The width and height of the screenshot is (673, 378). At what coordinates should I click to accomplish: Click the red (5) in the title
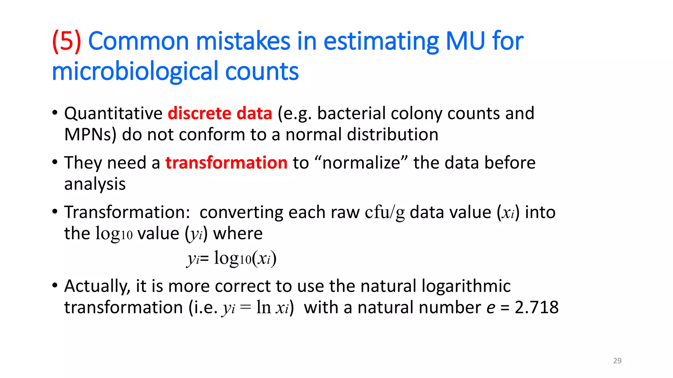(67, 41)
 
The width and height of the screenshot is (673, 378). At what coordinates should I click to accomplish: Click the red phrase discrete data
(220, 114)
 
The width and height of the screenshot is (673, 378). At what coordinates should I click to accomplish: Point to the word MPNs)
(90, 135)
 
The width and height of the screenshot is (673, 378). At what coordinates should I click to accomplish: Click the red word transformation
(226, 163)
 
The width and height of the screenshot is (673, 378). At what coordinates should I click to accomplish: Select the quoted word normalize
(361, 163)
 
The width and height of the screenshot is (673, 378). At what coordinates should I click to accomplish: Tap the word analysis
(95, 184)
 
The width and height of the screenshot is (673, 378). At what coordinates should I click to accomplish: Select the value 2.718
(536, 308)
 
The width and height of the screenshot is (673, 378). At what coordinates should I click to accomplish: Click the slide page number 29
(617, 361)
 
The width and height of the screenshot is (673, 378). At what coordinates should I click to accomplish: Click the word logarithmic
(466, 286)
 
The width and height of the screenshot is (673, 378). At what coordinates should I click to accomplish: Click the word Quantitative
(113, 114)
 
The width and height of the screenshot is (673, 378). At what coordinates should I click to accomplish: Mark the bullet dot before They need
(55, 162)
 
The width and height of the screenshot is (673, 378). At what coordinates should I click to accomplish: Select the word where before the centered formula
(238, 234)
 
